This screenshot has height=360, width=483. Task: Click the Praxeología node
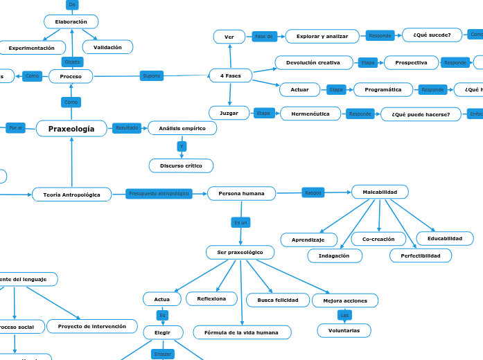coord(71,129)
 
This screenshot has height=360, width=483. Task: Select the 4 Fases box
coord(230,75)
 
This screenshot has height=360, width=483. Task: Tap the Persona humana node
coord(241,194)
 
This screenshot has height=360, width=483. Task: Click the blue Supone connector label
coord(151,75)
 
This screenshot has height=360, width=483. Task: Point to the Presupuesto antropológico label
coord(159,194)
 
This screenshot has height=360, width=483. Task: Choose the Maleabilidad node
coord(380,192)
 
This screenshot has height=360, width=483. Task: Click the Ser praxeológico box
coord(240,253)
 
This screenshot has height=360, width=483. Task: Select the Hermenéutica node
coord(310,114)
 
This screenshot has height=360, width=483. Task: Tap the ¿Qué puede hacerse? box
coord(421,114)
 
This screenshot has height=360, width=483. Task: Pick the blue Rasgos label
coord(313,192)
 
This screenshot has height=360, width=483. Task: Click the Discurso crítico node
coord(181,166)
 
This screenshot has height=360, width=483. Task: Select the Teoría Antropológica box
coord(71,195)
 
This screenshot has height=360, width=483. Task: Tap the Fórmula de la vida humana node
coord(242,333)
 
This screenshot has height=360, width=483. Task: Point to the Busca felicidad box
coord(277,300)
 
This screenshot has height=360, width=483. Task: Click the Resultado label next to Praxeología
coord(127,128)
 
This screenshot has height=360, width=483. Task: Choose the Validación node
coord(107,48)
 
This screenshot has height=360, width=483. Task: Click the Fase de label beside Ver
coord(265,36)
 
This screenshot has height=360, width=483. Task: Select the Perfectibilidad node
coord(420,256)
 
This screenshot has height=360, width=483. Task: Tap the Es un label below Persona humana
coord(240,223)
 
